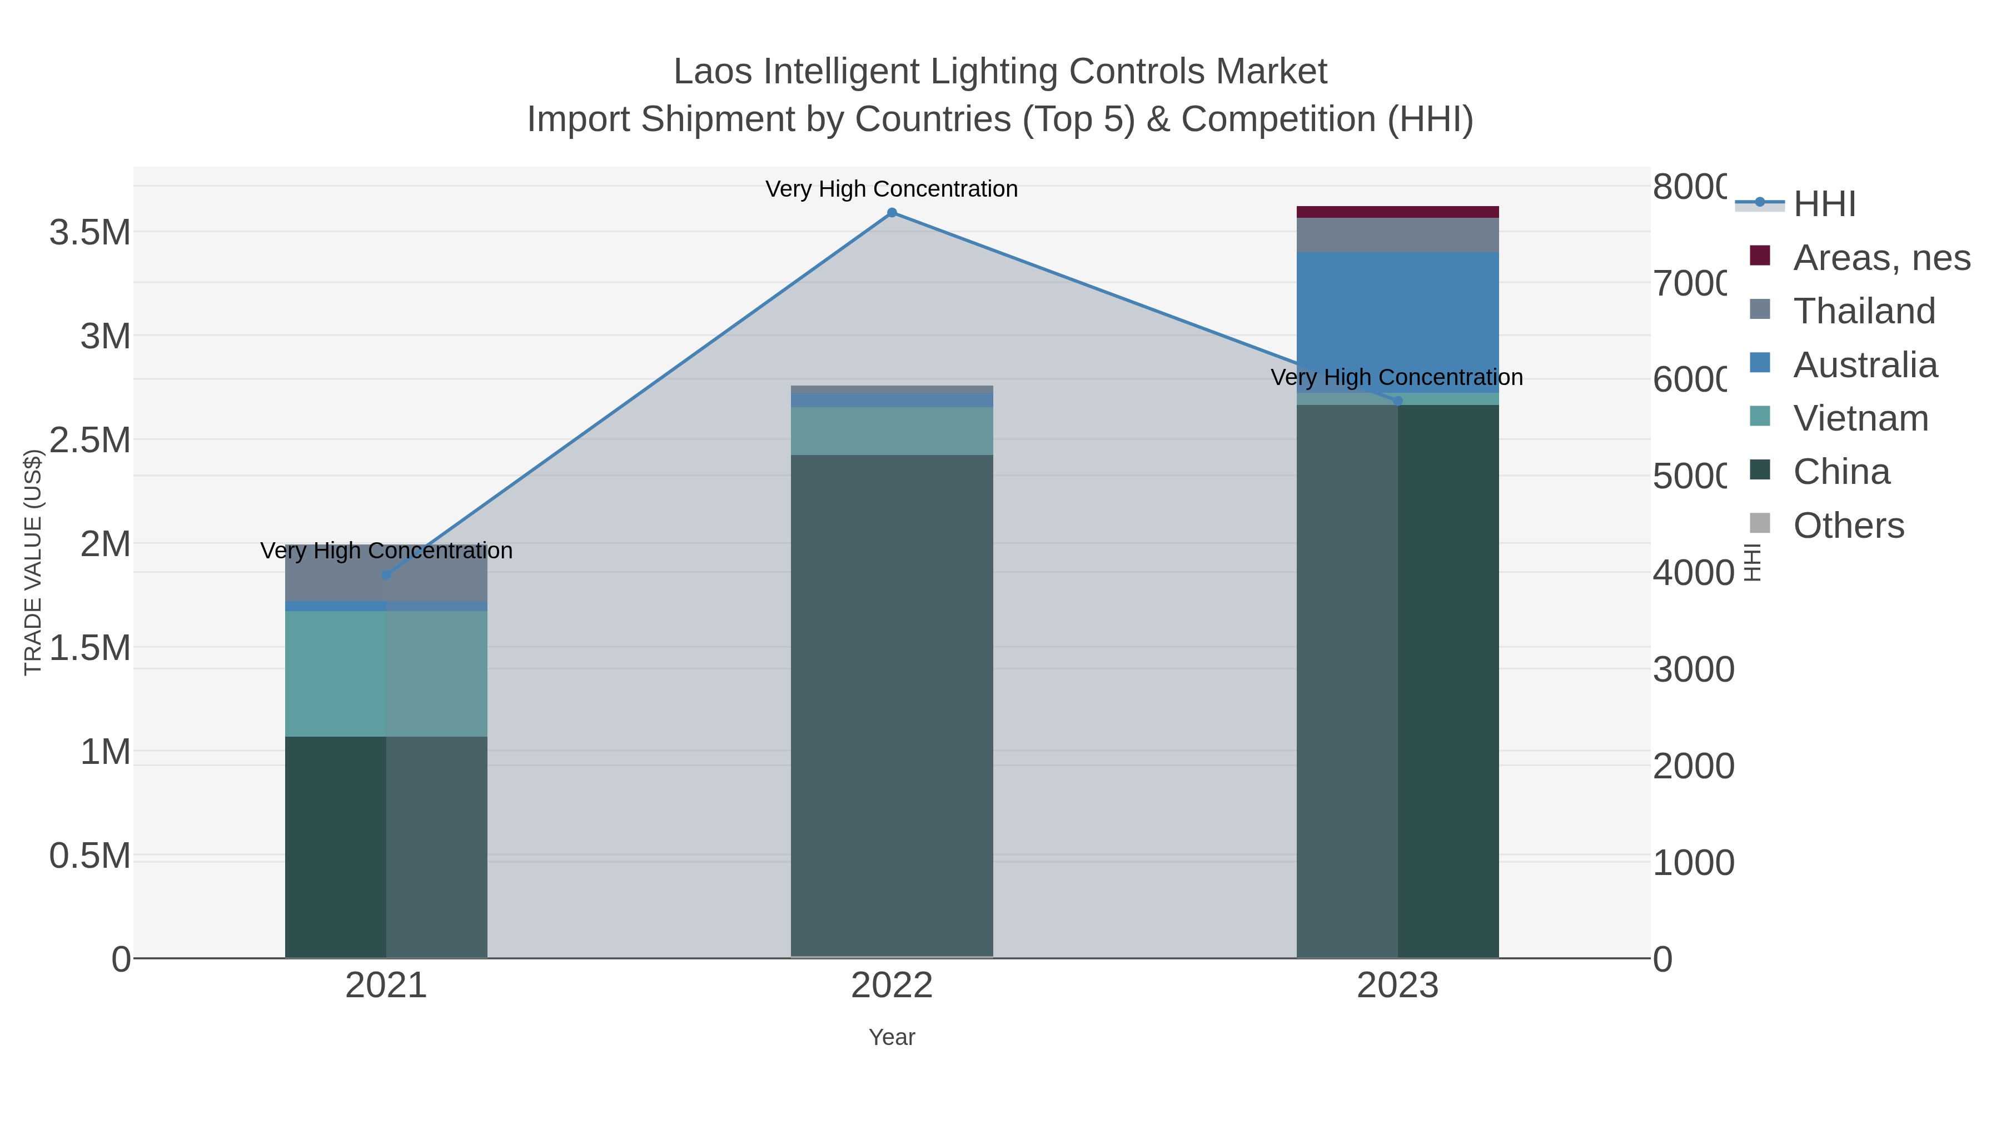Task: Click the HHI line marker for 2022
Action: [x=892, y=213]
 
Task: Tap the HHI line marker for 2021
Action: [x=386, y=574]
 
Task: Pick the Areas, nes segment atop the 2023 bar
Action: [x=1397, y=212]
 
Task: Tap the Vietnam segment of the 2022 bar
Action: [x=892, y=431]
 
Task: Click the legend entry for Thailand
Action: [x=1864, y=311]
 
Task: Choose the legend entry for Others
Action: [x=1848, y=526]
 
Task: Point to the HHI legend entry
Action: [x=1824, y=204]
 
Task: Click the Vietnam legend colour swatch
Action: [x=1760, y=416]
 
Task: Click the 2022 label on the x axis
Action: [x=892, y=986]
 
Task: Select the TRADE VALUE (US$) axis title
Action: [x=33, y=562]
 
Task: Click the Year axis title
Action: [x=892, y=1037]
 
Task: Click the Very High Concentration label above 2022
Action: [x=892, y=189]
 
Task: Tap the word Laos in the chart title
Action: [x=713, y=72]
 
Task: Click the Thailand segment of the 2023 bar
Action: [x=1397, y=235]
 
